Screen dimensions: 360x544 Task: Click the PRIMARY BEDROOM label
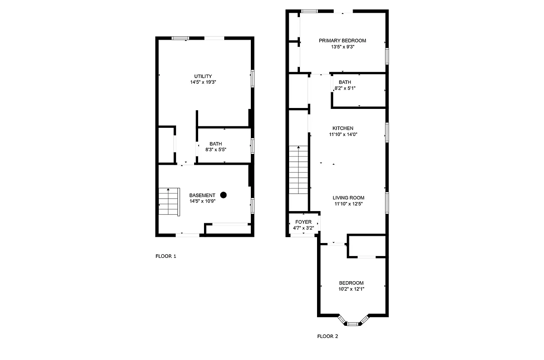pos(342,40)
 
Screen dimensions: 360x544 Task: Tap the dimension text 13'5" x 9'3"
pos(342,46)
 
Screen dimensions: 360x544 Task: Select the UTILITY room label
pos(203,76)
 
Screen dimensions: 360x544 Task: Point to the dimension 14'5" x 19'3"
pos(203,82)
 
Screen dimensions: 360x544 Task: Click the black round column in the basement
pos(223,195)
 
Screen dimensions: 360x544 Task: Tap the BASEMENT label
pos(202,195)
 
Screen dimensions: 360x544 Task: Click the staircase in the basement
pos(169,202)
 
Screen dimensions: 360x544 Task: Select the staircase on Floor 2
pos(298,170)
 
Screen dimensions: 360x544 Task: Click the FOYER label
pos(303,222)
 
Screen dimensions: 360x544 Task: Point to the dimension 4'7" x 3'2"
pos(303,228)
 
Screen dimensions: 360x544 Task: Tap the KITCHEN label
pos(343,128)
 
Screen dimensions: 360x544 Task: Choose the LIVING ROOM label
pos(348,198)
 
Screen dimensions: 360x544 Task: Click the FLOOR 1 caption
pos(166,256)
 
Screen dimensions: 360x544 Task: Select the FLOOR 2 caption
pos(327,336)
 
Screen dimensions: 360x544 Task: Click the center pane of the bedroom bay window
pos(353,323)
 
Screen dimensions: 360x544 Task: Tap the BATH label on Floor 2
pos(345,82)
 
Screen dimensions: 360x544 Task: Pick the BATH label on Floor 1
pos(215,144)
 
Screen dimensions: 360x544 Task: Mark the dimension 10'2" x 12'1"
pos(351,289)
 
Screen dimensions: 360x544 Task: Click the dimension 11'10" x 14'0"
pos(343,134)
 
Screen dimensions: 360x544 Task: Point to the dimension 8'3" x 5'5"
pos(215,150)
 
